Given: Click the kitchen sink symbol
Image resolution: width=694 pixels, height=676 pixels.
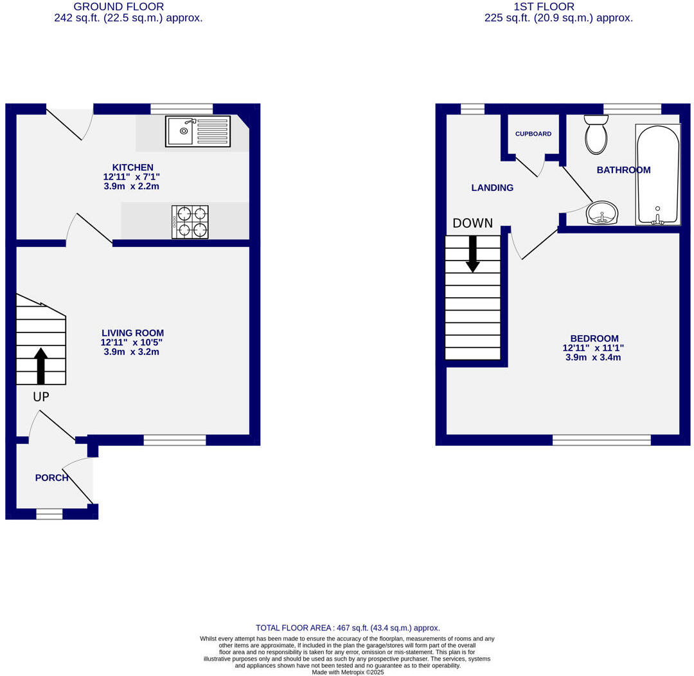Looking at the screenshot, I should [x=197, y=131].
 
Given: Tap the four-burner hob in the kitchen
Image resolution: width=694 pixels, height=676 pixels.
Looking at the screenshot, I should [x=190, y=222].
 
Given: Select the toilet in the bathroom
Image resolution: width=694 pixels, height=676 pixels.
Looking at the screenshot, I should [x=596, y=134].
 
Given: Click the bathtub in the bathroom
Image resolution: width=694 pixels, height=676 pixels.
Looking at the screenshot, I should [x=657, y=174].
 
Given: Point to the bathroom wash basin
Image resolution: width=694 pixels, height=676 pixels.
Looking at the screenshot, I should [x=602, y=213].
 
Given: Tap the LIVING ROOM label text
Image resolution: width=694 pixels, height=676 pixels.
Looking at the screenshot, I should [x=132, y=333].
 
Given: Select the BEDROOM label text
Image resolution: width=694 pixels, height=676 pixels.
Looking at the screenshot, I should [x=594, y=338].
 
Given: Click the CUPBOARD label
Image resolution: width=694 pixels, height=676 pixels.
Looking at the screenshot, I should [x=533, y=134].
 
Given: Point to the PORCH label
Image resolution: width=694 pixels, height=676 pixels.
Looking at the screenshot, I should [x=51, y=478].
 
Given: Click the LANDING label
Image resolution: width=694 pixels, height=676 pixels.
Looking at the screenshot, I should [x=492, y=188].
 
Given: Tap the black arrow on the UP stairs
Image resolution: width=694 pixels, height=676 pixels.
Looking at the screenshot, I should [x=40, y=365].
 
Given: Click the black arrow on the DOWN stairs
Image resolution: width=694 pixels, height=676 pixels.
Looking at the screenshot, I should [x=473, y=253].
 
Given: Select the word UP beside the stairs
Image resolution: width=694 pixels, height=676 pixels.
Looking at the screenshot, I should [x=40, y=397].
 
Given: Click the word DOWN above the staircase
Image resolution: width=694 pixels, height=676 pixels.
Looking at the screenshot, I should [x=472, y=223].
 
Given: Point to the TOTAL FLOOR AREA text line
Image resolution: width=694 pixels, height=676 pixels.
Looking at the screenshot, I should [x=348, y=628].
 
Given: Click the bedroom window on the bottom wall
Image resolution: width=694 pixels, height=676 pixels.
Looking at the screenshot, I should [x=601, y=440].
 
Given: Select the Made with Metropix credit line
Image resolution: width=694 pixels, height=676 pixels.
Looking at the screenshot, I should [x=347, y=672].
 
